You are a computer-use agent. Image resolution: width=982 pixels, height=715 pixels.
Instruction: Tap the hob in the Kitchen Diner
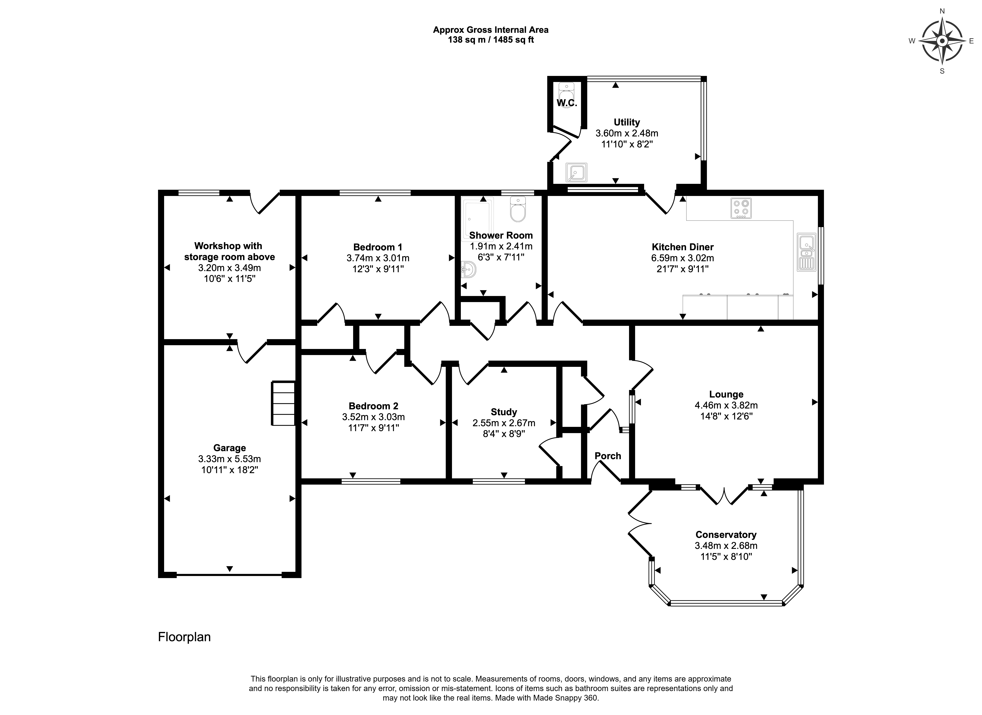pos(741,208)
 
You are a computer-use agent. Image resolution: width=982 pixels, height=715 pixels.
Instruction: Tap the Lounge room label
pos(726,394)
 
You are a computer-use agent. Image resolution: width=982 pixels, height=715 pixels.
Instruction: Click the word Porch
pos(608,456)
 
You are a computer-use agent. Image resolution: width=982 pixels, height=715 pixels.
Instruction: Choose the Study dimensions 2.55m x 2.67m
pos(504,423)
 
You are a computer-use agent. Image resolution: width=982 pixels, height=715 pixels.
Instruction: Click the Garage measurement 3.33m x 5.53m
pos(230,459)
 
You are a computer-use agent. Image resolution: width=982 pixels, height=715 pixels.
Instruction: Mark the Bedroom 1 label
pos(378,247)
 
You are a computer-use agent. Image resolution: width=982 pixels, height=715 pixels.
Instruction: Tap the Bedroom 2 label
pos(373,406)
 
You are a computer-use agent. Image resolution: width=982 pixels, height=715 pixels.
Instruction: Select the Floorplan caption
pos(184,637)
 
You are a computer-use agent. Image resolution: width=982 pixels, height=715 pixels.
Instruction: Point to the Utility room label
pos(627,122)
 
